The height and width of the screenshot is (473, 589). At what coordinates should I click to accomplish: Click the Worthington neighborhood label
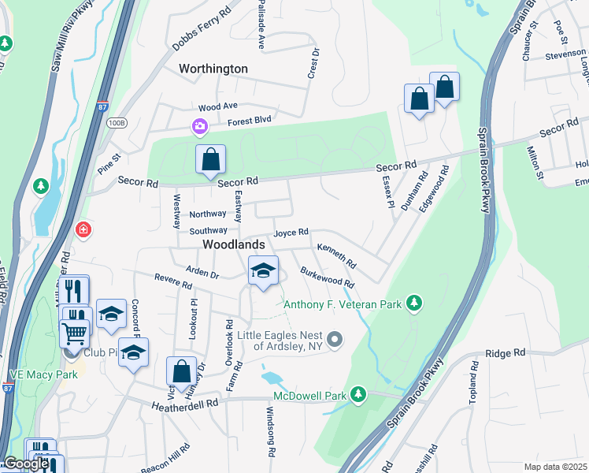pos(213,69)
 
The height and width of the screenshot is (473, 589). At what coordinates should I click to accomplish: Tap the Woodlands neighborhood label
pos(234,244)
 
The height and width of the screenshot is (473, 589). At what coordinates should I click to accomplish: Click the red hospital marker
pos(83,229)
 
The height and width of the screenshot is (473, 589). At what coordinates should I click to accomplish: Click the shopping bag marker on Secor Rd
pos(210,159)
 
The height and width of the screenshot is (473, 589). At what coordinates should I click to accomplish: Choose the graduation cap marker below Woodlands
pos(263,271)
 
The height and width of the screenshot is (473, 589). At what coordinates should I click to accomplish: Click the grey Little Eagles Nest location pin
pos(335,340)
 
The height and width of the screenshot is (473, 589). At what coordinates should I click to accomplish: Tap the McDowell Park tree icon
pos(358,393)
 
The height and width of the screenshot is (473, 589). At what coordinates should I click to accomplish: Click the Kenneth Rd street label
pos(337,253)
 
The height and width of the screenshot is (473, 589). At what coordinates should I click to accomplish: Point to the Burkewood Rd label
pos(327,277)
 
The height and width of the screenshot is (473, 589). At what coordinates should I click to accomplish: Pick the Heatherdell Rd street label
pos(185,403)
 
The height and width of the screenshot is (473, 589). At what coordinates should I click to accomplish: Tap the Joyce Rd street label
pos(291,233)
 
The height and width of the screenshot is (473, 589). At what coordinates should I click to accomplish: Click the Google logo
pos(25,464)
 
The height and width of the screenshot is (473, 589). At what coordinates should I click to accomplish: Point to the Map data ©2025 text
pos(555,467)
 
